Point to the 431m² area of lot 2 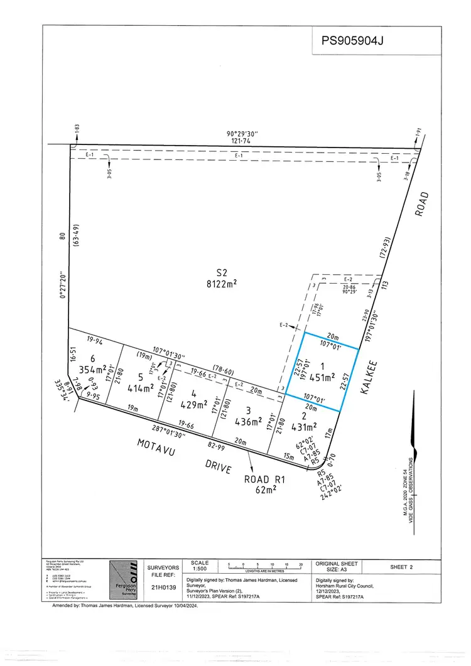point(306,426)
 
